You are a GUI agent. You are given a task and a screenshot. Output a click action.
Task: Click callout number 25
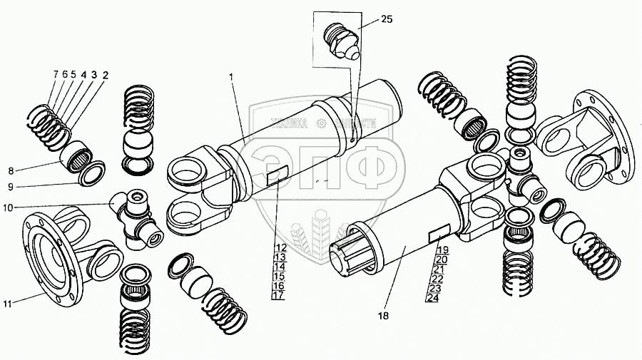tap(386, 19)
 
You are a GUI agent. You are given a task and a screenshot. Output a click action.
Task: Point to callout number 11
tap(8, 304)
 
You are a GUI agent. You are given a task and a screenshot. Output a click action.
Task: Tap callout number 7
tap(55, 73)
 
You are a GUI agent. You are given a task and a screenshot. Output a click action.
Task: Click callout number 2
tap(105, 73)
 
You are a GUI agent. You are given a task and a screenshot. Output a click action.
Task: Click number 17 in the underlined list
tap(279, 295)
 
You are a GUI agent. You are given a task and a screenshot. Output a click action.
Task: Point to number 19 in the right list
tap(442, 250)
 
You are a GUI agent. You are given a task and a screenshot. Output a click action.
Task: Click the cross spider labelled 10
tap(136, 217)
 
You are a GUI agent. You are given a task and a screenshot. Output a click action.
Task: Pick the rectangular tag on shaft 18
tap(438, 234)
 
